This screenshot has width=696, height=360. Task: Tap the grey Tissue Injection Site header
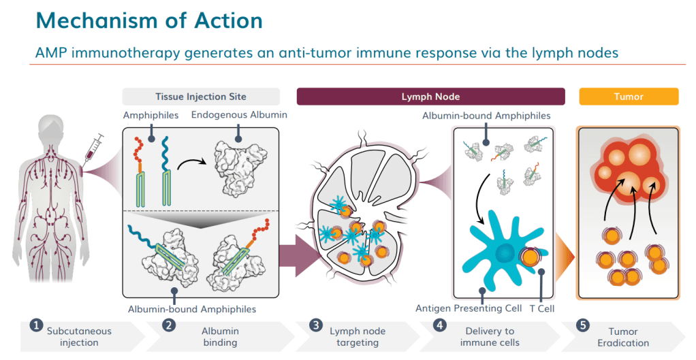tap(201, 97)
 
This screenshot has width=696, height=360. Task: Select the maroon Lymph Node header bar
tap(430, 97)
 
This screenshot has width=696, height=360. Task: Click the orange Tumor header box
tap(628, 97)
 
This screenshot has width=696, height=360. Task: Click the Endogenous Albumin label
tap(239, 115)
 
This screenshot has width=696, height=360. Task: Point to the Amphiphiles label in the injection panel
tap(151, 115)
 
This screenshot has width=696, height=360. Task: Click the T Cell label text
tap(541, 308)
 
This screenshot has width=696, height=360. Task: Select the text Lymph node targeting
tap(358, 337)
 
